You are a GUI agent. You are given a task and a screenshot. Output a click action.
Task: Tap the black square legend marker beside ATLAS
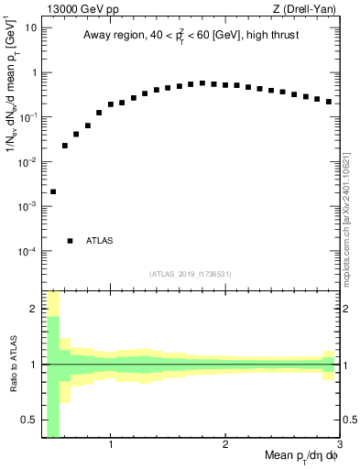point(70,241)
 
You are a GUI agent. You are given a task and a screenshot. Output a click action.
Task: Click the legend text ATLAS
point(100,241)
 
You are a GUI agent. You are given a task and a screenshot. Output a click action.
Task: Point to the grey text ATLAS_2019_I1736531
point(191,274)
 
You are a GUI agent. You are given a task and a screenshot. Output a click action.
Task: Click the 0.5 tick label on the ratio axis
point(29,420)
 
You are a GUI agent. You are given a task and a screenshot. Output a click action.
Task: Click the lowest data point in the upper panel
point(53,191)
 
